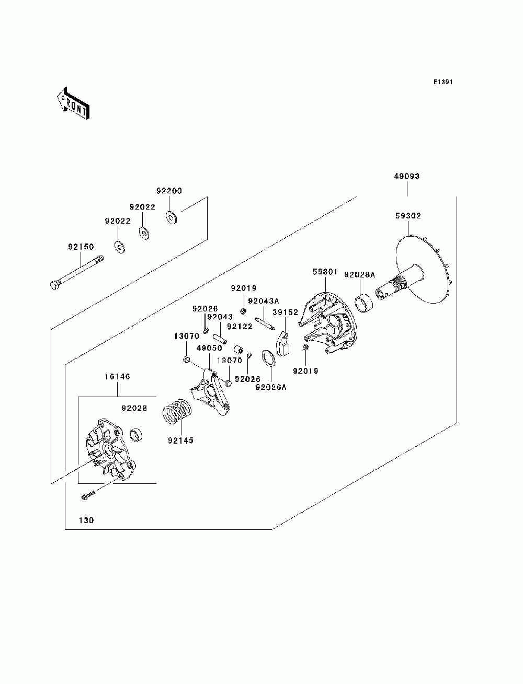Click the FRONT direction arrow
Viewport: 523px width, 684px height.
(74, 103)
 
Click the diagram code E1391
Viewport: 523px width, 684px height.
(442, 82)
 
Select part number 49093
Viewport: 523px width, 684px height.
(407, 177)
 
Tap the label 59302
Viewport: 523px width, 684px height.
(408, 216)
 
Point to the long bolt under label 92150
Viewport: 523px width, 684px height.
(77, 273)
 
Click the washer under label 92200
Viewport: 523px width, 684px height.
(171, 217)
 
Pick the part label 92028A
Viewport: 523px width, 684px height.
(359, 275)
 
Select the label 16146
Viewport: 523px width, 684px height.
(117, 376)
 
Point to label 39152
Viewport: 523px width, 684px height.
(286, 312)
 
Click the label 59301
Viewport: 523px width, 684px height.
(325, 272)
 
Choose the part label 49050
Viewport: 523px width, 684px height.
(209, 348)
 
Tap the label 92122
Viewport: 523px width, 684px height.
(240, 326)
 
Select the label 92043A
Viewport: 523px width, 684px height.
(263, 301)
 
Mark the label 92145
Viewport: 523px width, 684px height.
(180, 440)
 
